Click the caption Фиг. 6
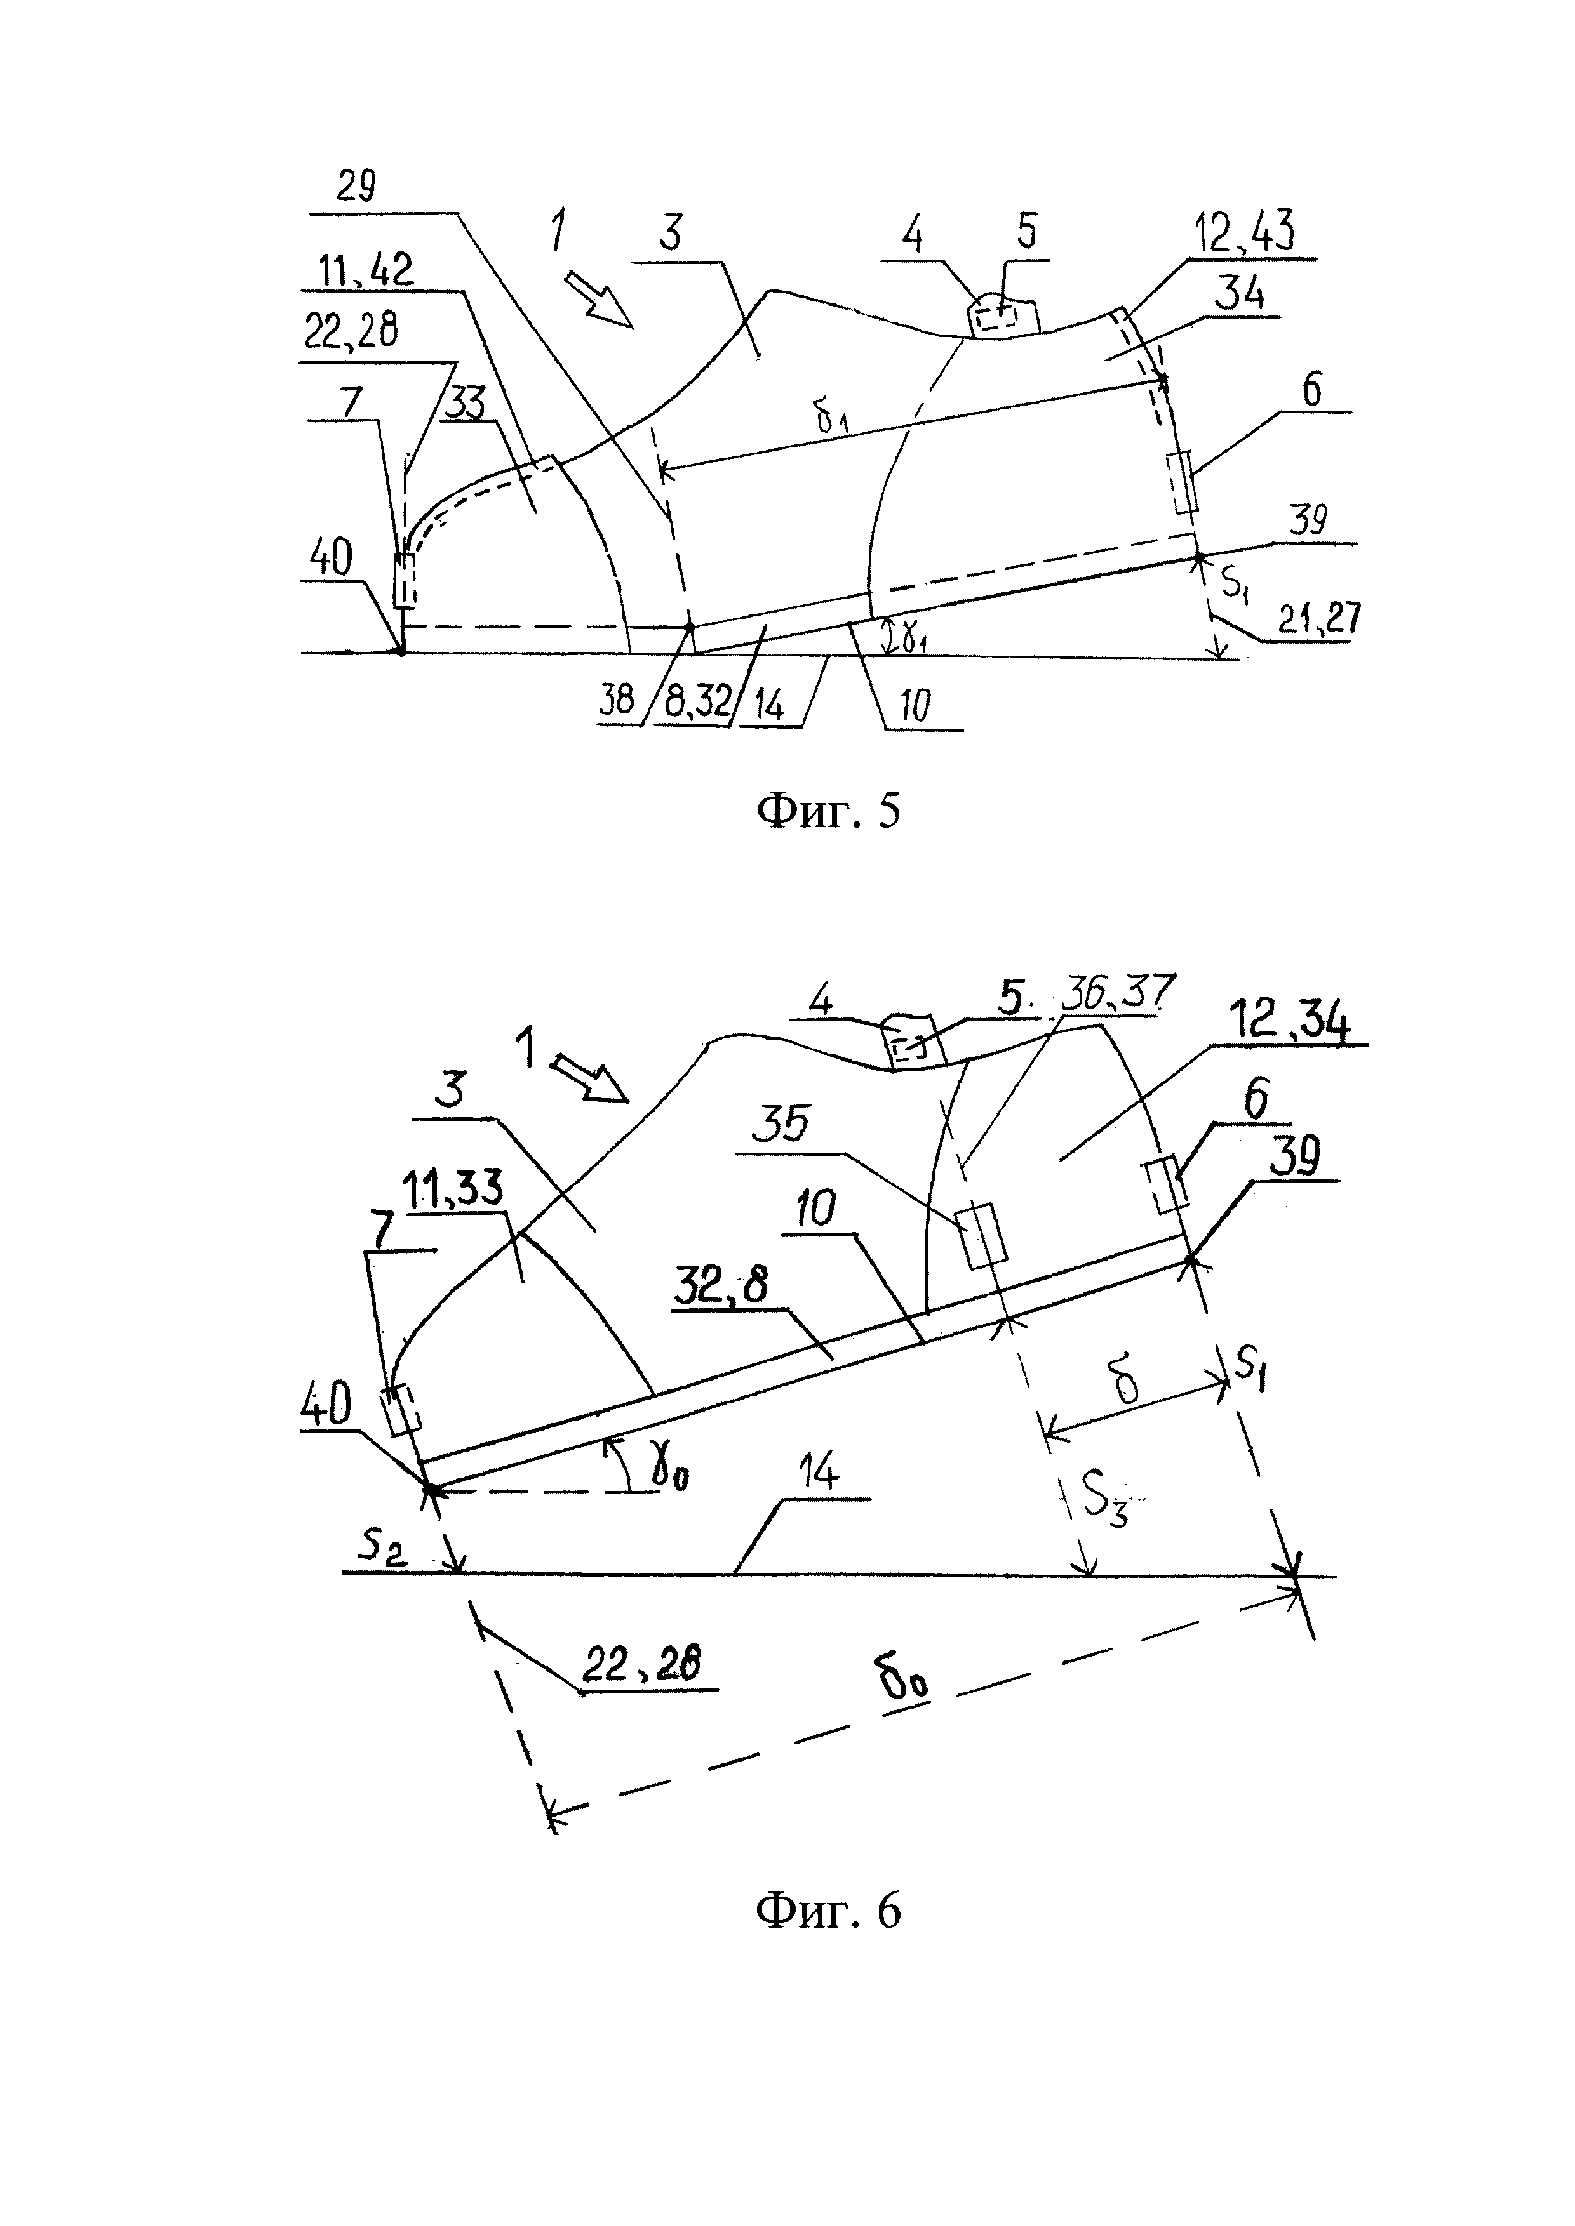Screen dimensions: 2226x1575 [x=828, y=1911]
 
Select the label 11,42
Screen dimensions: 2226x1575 [x=366, y=270]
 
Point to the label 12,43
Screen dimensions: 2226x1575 [x=1246, y=234]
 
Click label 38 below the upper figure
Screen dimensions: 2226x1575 [x=617, y=699]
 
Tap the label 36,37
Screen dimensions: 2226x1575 [x=1117, y=992]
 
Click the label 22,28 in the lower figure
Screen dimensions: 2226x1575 [x=642, y=1665]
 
